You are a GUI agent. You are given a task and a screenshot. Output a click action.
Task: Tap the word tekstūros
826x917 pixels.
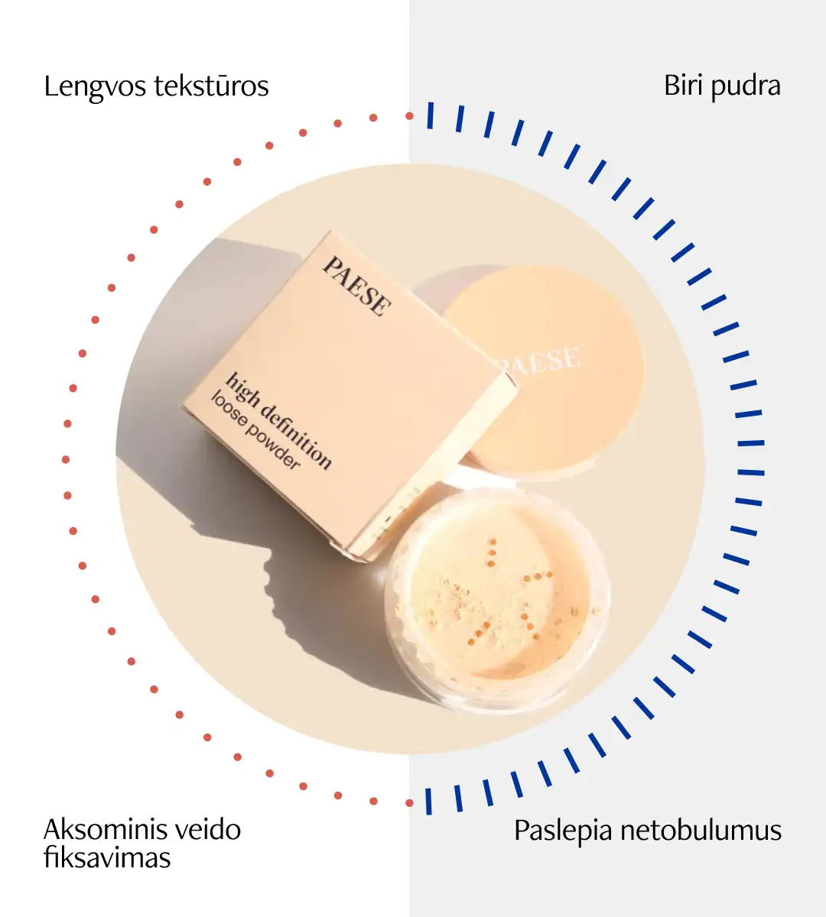(211, 86)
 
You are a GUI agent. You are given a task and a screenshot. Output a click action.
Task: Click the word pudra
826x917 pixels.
(746, 87)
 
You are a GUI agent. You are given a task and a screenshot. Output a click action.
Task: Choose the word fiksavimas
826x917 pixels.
(107, 857)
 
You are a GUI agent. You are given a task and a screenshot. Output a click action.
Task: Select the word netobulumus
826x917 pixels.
(701, 830)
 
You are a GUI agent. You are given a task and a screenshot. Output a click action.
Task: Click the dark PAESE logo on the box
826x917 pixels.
(357, 286)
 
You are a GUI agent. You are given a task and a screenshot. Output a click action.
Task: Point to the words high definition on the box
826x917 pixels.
(278, 421)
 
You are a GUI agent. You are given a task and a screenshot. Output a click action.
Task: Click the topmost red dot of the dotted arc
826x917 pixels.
(410, 116)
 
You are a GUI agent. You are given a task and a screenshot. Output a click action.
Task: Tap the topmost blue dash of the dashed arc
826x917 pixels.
(430, 115)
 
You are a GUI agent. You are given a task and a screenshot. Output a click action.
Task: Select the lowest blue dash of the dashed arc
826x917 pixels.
(428, 802)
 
